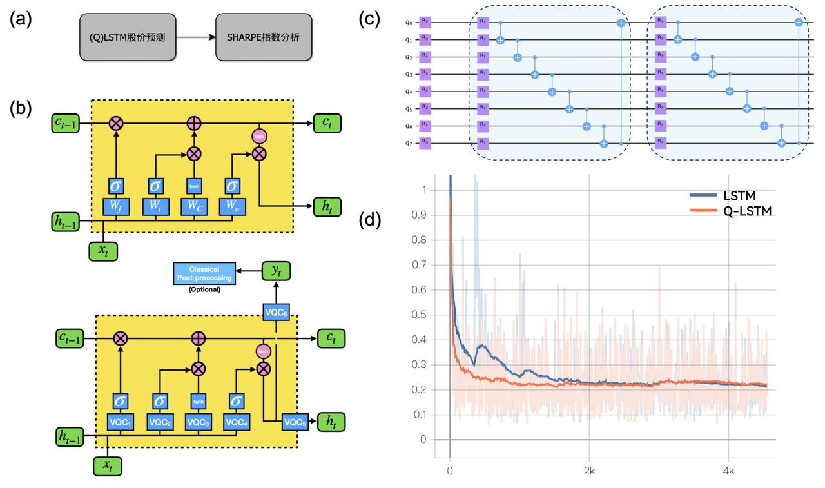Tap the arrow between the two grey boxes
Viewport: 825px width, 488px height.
pyautogui.click(x=196, y=37)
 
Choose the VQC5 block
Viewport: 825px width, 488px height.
pyautogui.click(x=294, y=422)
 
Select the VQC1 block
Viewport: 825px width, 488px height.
pyautogui.click(x=121, y=422)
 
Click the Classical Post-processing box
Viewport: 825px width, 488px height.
pyautogui.click(x=204, y=273)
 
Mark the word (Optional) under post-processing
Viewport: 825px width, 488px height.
pyautogui.click(x=204, y=289)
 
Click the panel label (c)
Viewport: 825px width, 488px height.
pyautogui.click(x=370, y=20)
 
